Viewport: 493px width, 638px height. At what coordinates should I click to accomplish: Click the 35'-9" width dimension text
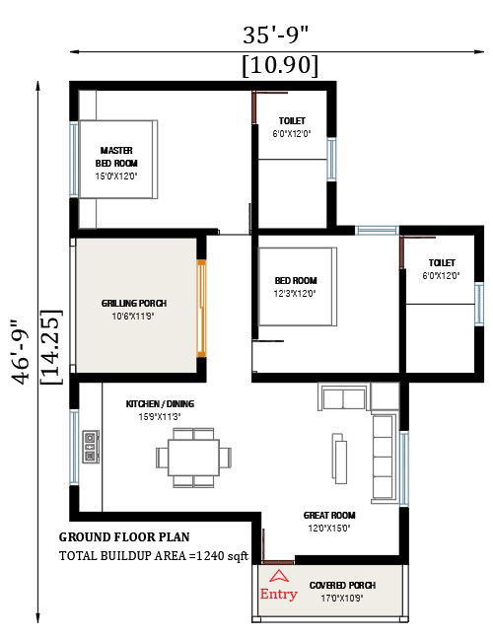[276, 35]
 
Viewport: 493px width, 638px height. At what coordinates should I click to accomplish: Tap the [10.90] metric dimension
[279, 65]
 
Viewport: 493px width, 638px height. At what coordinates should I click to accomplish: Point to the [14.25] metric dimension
[50, 349]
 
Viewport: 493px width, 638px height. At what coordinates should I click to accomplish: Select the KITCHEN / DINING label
[160, 410]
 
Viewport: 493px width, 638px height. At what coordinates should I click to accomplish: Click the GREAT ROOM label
[329, 521]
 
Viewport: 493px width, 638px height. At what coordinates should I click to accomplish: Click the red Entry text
[277, 594]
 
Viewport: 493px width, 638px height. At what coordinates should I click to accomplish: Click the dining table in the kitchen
[193, 457]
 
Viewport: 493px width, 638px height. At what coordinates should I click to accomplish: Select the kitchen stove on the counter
[91, 447]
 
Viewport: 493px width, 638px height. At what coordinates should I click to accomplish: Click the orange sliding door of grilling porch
[201, 308]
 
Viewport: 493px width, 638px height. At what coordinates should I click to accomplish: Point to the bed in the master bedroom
[116, 160]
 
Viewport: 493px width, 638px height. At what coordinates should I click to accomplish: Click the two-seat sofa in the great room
[343, 398]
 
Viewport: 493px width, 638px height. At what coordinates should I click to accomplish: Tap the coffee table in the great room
[341, 456]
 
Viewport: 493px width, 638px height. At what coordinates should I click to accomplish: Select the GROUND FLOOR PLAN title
[123, 537]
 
